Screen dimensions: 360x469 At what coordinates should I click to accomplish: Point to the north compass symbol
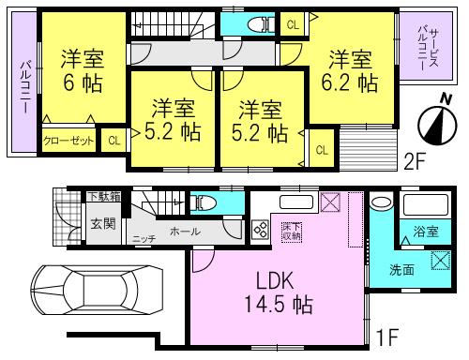pos(434,121)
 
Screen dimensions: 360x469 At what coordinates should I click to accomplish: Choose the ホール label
pos(183,230)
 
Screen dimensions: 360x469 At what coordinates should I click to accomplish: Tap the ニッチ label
pos(144,239)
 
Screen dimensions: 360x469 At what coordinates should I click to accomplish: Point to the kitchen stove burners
pos(260,228)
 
